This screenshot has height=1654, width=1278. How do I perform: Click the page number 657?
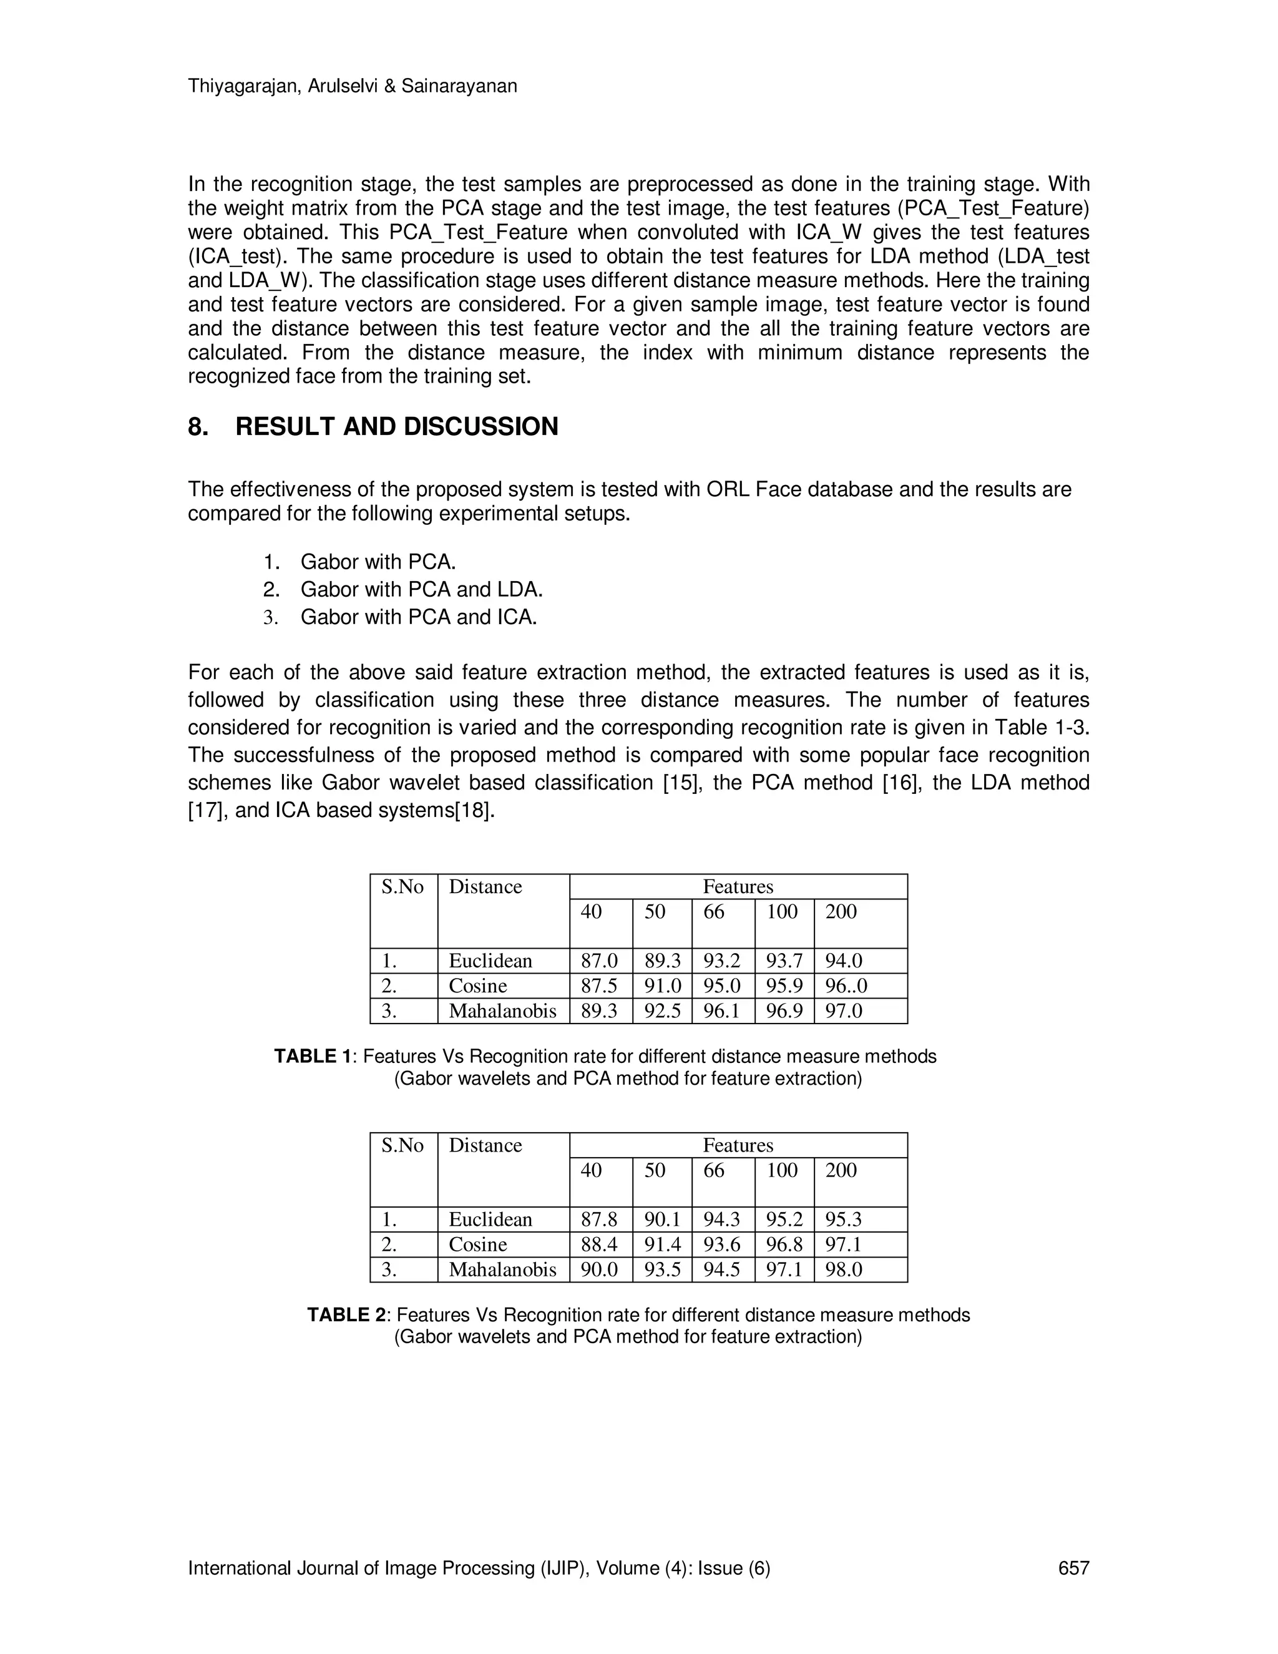1073,1568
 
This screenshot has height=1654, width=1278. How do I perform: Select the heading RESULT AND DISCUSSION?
396,427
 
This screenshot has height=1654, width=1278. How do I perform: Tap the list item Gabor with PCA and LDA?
421,589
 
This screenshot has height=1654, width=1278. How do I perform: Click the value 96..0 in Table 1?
846,986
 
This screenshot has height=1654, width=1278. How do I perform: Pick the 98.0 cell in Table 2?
844,1270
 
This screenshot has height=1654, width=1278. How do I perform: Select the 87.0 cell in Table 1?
599,961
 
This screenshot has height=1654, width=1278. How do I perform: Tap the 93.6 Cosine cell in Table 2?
721,1245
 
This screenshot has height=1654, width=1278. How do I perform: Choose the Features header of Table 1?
738,887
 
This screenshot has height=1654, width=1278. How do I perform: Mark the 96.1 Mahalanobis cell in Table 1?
721,1011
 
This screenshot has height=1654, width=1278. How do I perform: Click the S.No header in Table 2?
402,1145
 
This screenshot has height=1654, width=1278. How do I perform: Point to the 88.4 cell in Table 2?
599,1245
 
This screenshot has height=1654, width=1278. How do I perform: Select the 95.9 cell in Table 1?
784,986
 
